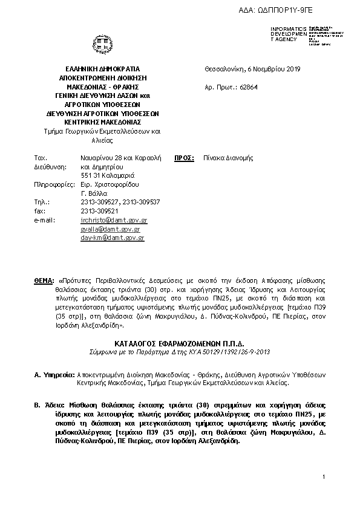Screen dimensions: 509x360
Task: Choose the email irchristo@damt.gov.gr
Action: click(114, 221)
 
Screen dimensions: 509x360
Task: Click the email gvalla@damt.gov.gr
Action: click(110, 230)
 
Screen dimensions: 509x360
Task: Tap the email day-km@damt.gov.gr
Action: click(112, 239)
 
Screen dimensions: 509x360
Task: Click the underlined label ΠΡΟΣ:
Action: click(184, 158)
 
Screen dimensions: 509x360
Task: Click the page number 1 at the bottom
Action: click(324, 478)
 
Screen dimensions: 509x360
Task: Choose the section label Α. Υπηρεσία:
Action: click(54, 375)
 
